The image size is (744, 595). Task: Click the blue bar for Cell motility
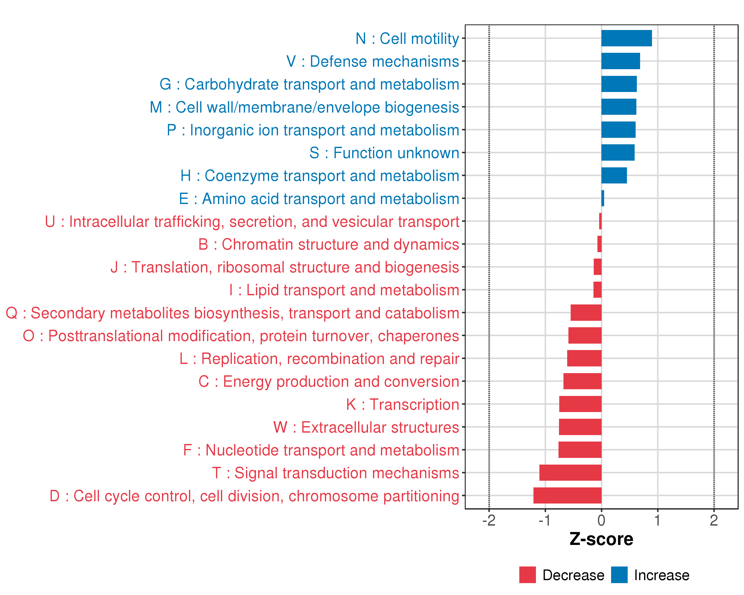click(626, 38)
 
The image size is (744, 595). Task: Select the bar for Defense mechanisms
click(620, 61)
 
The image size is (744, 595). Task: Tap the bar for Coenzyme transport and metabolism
click(614, 176)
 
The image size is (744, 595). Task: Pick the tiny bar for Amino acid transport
click(602, 198)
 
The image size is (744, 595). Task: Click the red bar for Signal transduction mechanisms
click(570, 473)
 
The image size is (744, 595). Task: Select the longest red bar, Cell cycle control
click(567, 495)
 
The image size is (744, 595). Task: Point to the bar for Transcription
click(580, 404)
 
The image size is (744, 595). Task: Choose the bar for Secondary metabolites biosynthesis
click(586, 313)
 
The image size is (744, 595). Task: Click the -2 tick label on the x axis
click(489, 520)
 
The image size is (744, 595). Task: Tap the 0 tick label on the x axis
click(601, 520)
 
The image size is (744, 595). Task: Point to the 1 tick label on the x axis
click(657, 520)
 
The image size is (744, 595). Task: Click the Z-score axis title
click(601, 539)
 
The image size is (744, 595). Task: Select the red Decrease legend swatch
click(527, 575)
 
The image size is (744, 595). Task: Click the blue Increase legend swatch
click(619, 575)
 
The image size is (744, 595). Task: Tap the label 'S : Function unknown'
click(384, 153)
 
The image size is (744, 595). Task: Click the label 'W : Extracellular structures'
click(366, 427)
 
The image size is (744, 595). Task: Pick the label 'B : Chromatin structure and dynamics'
click(329, 244)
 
